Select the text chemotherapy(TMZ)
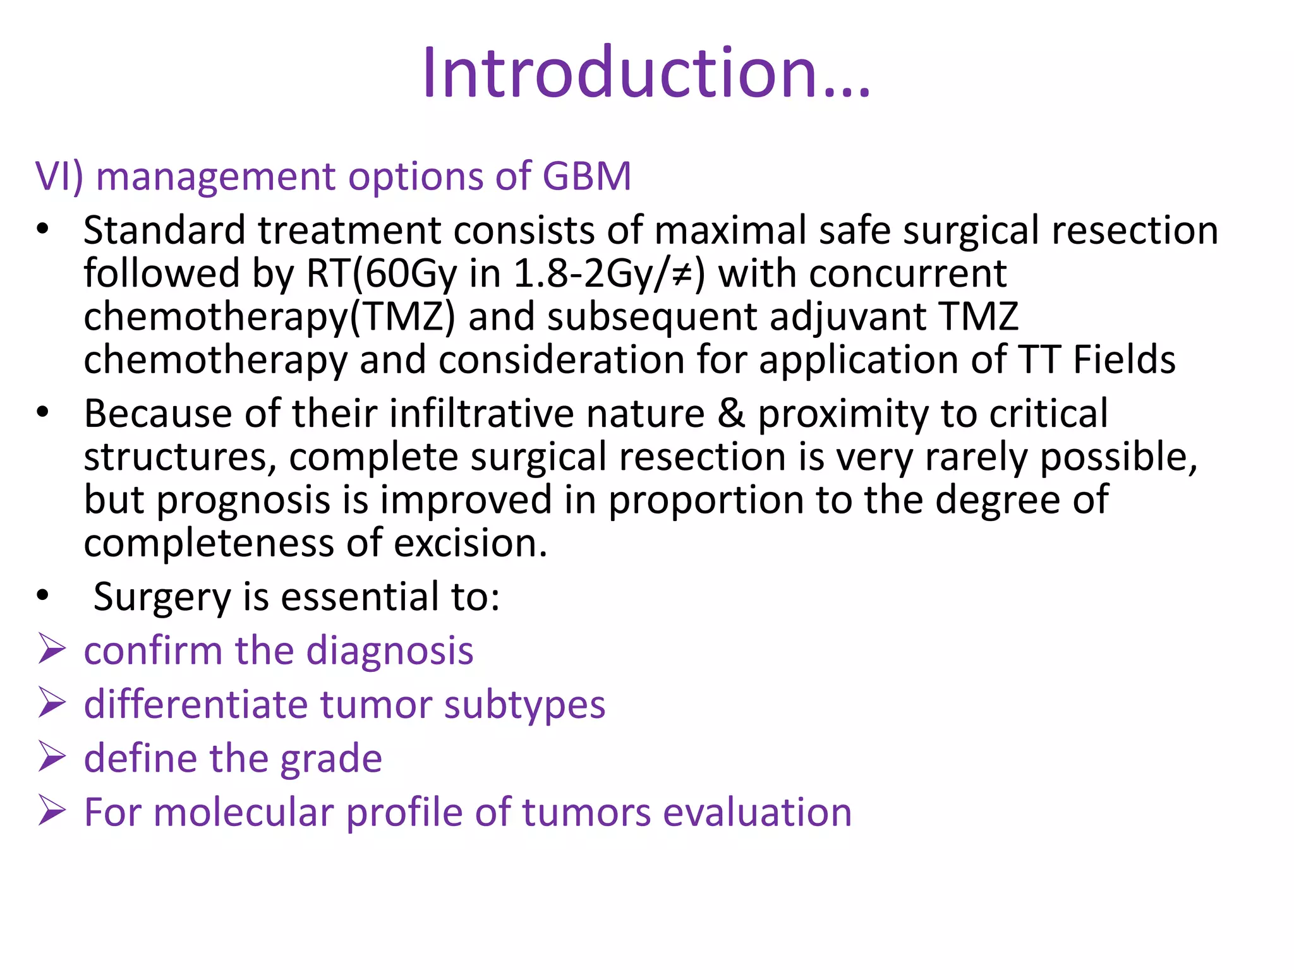269,317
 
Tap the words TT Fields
1097,360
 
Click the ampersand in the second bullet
731,414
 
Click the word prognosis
243,500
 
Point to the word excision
470,543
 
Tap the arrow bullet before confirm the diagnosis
52,649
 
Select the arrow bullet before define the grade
52,757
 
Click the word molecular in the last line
243,812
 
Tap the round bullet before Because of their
42,414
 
